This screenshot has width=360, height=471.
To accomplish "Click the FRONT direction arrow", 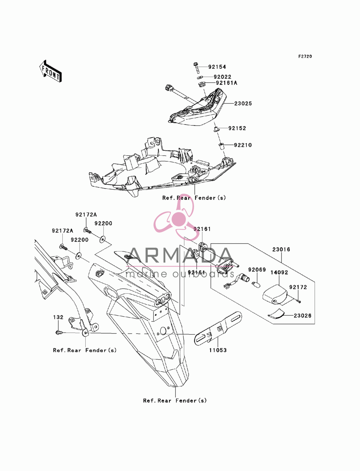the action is pos(50,71).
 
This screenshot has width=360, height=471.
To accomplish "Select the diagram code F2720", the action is pos(305,56).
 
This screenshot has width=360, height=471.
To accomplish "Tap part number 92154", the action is pos(217,67).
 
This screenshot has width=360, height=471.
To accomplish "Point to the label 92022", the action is pos(222,77).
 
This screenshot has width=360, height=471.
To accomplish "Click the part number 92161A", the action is pos(226,83).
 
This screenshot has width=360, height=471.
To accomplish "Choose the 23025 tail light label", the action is pos(243,103).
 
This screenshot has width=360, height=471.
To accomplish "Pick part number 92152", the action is pos(237,128).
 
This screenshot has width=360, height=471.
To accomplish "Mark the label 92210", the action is pos(243,145).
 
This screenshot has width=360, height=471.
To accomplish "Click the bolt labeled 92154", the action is pos(196,67).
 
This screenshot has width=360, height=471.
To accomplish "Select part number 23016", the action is pos(281,249).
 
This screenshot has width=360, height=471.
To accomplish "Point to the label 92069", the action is pos(257,270).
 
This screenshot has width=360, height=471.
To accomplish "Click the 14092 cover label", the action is pos(279,272).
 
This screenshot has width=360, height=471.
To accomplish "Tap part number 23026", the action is pos(302,316).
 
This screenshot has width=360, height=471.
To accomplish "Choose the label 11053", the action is pos(218,350).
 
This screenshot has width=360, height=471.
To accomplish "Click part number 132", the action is pos(58,317).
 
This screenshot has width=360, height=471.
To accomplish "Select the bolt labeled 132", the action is pos(59,332).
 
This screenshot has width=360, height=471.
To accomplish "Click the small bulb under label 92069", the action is pos(257,285).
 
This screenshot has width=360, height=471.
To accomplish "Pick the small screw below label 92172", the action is pos(300,302).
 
